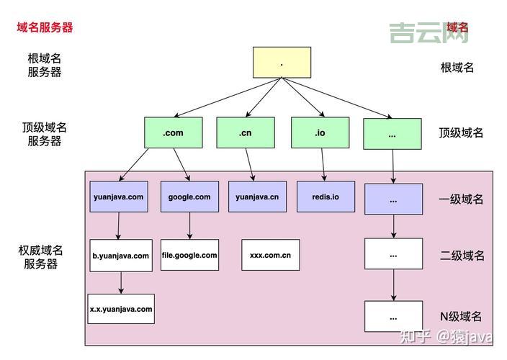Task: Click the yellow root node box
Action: pos(282,63)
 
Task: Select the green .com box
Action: pos(173,133)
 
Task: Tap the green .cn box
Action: pos(245,133)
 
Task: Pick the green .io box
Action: pos(320,133)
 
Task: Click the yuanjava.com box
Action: pos(119,197)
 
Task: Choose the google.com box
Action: pos(189,197)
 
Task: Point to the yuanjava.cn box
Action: pos(257,197)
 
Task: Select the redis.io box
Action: pos(326,197)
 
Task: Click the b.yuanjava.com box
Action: pos(121,256)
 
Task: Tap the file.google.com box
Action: pos(189,255)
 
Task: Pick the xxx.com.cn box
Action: pos(270,255)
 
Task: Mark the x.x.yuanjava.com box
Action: pos(121,309)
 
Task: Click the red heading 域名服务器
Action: pos(45,27)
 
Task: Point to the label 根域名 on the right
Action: pos(457,68)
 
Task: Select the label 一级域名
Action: pos(461,199)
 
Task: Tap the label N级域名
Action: pos(461,316)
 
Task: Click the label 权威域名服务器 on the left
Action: pos(40,257)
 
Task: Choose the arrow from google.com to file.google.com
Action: pos(190,226)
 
